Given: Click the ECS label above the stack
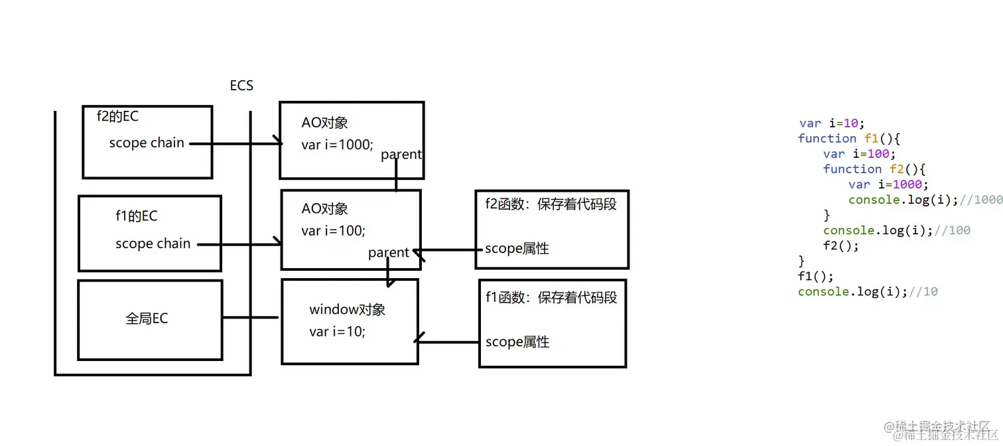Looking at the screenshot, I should click(241, 86).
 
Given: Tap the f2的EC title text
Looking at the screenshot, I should click(118, 116).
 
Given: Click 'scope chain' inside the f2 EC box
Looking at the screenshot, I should click(147, 143).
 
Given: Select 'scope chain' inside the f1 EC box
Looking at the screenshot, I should click(153, 244).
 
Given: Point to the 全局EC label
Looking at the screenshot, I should click(147, 319).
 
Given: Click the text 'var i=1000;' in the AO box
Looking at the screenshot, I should click(337, 144).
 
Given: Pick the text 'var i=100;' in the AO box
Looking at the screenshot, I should click(333, 230).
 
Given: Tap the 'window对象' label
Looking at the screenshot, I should click(347, 309).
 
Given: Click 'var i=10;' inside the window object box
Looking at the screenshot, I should click(337, 331).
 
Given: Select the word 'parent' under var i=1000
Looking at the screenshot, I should click(401, 155).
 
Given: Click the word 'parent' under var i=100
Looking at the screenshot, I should click(389, 253).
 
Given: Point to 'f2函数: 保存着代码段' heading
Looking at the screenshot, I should click(551, 204).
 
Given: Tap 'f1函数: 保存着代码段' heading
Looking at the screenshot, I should click(551, 297).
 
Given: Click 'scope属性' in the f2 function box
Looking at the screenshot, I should click(517, 249).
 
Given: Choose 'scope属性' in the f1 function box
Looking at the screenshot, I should click(517, 342).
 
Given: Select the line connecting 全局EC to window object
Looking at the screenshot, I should click(251, 317).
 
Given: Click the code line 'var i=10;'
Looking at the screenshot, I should click(832, 123).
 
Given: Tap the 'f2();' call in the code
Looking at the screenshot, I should click(840, 246).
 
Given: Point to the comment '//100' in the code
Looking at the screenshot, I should click(953, 230).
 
